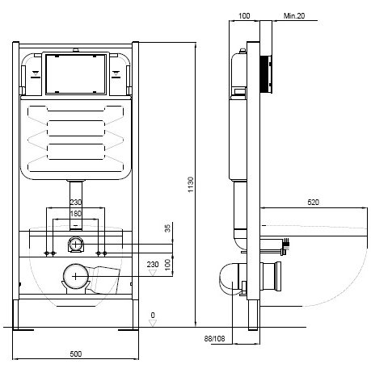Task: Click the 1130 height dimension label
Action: tap(191, 185)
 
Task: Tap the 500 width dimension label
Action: tap(76, 353)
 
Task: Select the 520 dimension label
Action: tap(313, 202)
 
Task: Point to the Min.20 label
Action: tap(294, 16)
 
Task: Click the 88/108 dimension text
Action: tap(214, 338)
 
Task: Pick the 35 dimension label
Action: tap(167, 228)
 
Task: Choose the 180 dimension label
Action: tap(76, 214)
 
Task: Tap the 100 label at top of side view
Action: tap(244, 16)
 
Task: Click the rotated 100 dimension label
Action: tap(167, 265)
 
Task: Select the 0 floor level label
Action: tap(153, 315)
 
